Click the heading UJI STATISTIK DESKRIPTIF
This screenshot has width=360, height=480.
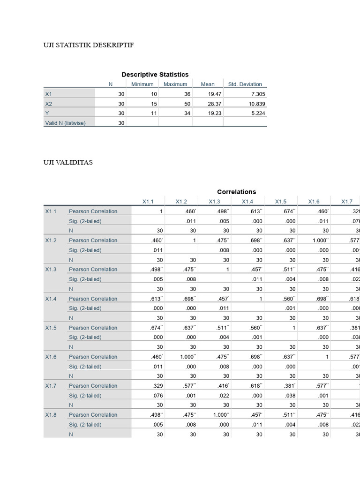[89, 45]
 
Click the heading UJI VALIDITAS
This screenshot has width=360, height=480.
[68, 162]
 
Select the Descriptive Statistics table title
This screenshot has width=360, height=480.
[155, 75]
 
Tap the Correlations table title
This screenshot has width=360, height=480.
[236, 192]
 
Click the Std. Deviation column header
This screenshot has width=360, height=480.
[245, 84]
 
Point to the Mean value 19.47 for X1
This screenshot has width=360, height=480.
[214, 94]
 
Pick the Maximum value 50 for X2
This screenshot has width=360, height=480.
[187, 104]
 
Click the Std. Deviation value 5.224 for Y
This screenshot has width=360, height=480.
[257, 113]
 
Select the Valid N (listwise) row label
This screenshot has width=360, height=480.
[65, 123]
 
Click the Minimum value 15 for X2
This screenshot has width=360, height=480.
[154, 104]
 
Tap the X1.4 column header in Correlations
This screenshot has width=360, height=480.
[247, 202]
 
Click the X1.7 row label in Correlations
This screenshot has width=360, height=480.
[51, 386]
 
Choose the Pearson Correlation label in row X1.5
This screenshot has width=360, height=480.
[93, 328]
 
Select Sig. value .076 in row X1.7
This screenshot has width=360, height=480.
[159, 396]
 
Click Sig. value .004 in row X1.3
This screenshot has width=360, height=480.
[292, 279]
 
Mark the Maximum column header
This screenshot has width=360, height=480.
[175, 84]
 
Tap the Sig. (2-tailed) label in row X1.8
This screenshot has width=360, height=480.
[85, 425]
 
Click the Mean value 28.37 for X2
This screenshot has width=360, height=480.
[214, 104]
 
